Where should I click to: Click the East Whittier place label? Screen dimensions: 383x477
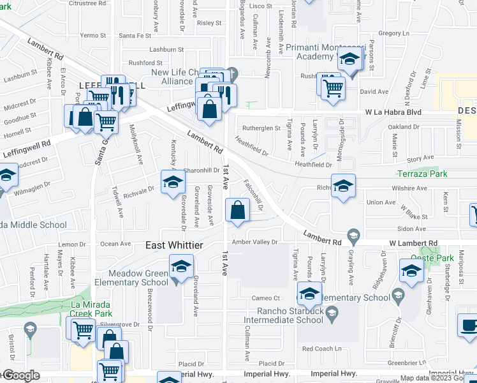point(175,246)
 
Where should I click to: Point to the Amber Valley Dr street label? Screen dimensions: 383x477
point(254,242)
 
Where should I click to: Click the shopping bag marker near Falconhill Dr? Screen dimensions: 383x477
point(237,211)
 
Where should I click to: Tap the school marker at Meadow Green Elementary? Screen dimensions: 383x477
point(181,266)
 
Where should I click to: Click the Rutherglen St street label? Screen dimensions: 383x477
point(261,128)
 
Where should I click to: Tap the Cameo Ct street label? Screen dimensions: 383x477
point(266,298)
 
